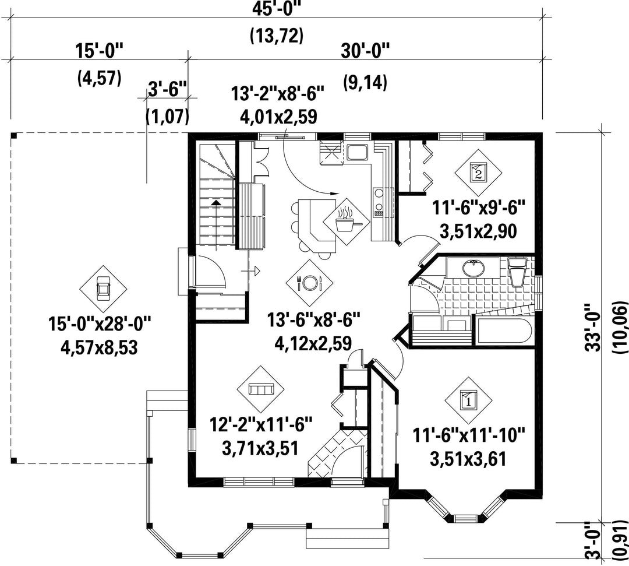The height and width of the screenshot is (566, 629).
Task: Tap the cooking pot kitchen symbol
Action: (346, 221)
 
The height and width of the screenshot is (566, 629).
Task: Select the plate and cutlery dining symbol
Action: (309, 283)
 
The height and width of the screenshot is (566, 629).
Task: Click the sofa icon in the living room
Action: (261, 389)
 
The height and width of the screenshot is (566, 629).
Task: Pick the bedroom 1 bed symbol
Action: (468, 399)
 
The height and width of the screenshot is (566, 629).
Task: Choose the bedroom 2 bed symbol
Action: (478, 173)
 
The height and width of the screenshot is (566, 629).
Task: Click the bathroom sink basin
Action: (473, 269)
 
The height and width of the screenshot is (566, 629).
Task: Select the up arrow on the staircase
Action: (216, 224)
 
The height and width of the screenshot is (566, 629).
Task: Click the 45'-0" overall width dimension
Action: (277, 9)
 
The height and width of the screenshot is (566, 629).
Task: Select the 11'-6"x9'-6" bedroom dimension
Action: (478, 208)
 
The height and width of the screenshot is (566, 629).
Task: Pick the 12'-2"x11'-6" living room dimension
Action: (261, 424)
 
